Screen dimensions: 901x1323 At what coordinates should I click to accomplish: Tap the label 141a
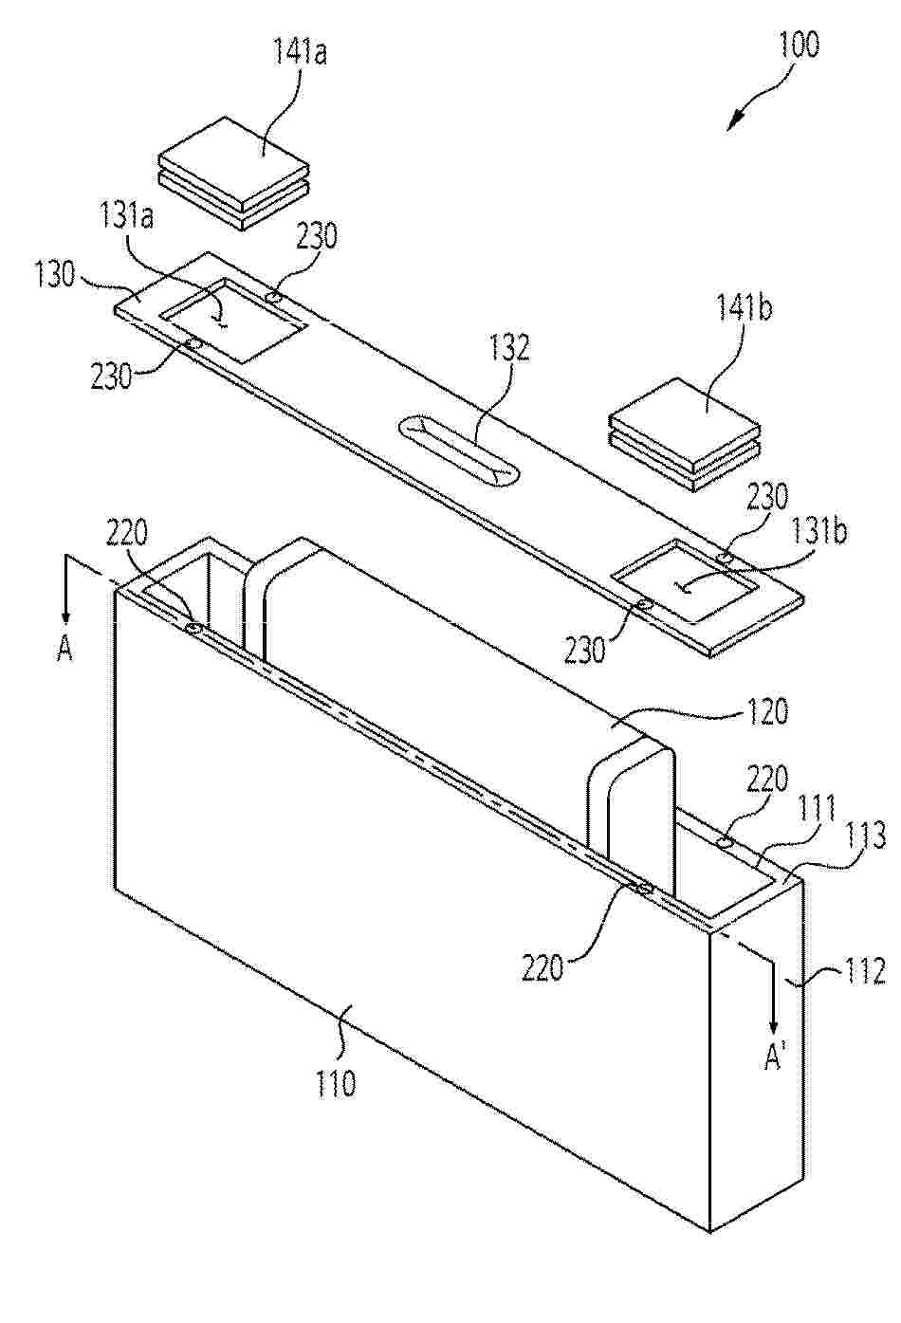pos(300,52)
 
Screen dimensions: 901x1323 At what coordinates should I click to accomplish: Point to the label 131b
pos(822,531)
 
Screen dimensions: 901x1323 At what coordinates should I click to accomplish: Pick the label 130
pos(55,275)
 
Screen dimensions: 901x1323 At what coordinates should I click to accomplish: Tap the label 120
pos(766,711)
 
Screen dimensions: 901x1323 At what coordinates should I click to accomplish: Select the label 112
pos(864,970)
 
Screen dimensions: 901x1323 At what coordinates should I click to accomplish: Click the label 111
pos(817,809)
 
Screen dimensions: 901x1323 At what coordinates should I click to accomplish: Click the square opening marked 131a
pos(232,320)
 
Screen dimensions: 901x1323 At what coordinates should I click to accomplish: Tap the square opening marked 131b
pos(686,579)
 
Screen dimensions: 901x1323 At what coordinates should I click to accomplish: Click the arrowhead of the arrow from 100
pos(731,123)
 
